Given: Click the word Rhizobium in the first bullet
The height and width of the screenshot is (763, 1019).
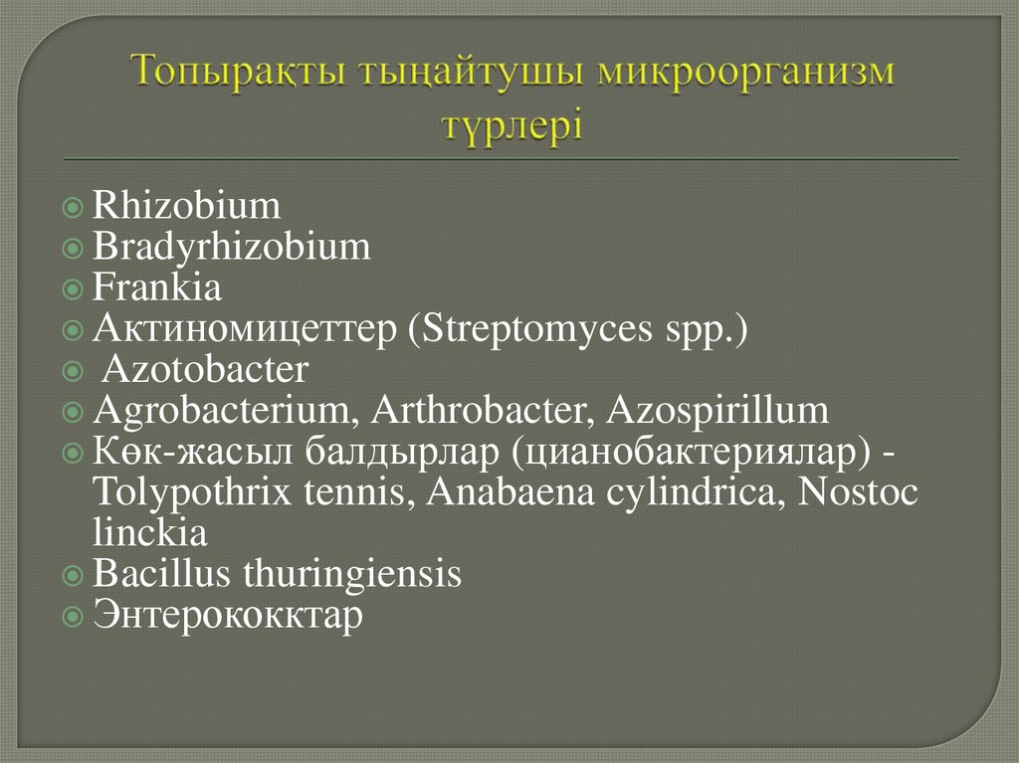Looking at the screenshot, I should click(186, 207).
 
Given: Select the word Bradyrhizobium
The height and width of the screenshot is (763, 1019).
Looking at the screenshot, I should click(231, 248).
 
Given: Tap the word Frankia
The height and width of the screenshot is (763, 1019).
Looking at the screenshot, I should click(157, 288).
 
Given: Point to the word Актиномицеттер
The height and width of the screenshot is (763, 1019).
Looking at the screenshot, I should click(244, 329).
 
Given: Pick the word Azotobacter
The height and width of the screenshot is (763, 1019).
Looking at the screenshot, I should click(206, 370).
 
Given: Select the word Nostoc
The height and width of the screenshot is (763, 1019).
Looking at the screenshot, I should click(859, 492).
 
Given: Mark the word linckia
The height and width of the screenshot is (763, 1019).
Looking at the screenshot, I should click(149, 533).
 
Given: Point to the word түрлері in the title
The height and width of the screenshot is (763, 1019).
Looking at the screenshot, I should click(511, 127).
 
